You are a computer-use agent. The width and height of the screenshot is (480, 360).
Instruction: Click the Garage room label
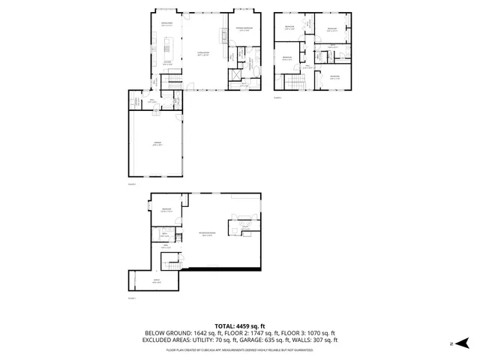157,144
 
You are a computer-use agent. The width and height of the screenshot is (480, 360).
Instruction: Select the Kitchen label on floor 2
168,63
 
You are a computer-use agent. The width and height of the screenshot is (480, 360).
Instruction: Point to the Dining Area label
166,25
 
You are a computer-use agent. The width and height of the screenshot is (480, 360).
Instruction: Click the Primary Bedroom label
242,28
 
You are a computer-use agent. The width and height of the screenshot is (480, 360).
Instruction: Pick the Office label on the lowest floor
157,282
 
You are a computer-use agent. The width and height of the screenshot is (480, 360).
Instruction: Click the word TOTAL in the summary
224,325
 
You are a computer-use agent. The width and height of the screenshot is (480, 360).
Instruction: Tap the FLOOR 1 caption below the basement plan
131,298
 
